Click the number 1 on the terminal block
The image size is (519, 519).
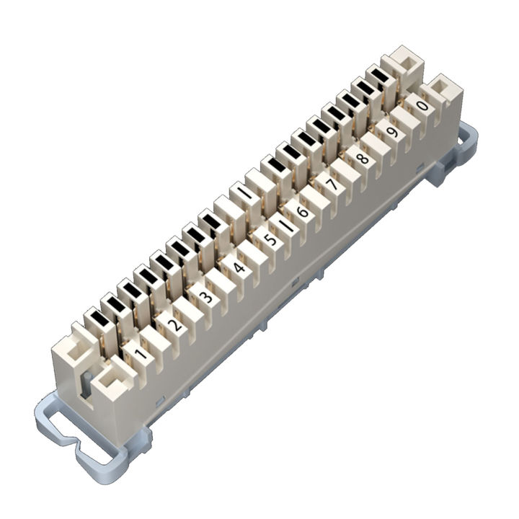click(141, 353)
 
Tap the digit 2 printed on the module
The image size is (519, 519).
click(174, 325)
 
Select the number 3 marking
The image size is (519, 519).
click(206, 296)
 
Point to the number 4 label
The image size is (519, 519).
click(239, 268)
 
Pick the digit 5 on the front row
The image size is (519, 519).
click(270, 240)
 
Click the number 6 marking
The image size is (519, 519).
click(303, 212)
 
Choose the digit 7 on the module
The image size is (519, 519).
click(332, 185)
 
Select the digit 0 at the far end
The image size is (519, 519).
click(423, 106)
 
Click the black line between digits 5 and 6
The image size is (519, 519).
click(288, 226)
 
